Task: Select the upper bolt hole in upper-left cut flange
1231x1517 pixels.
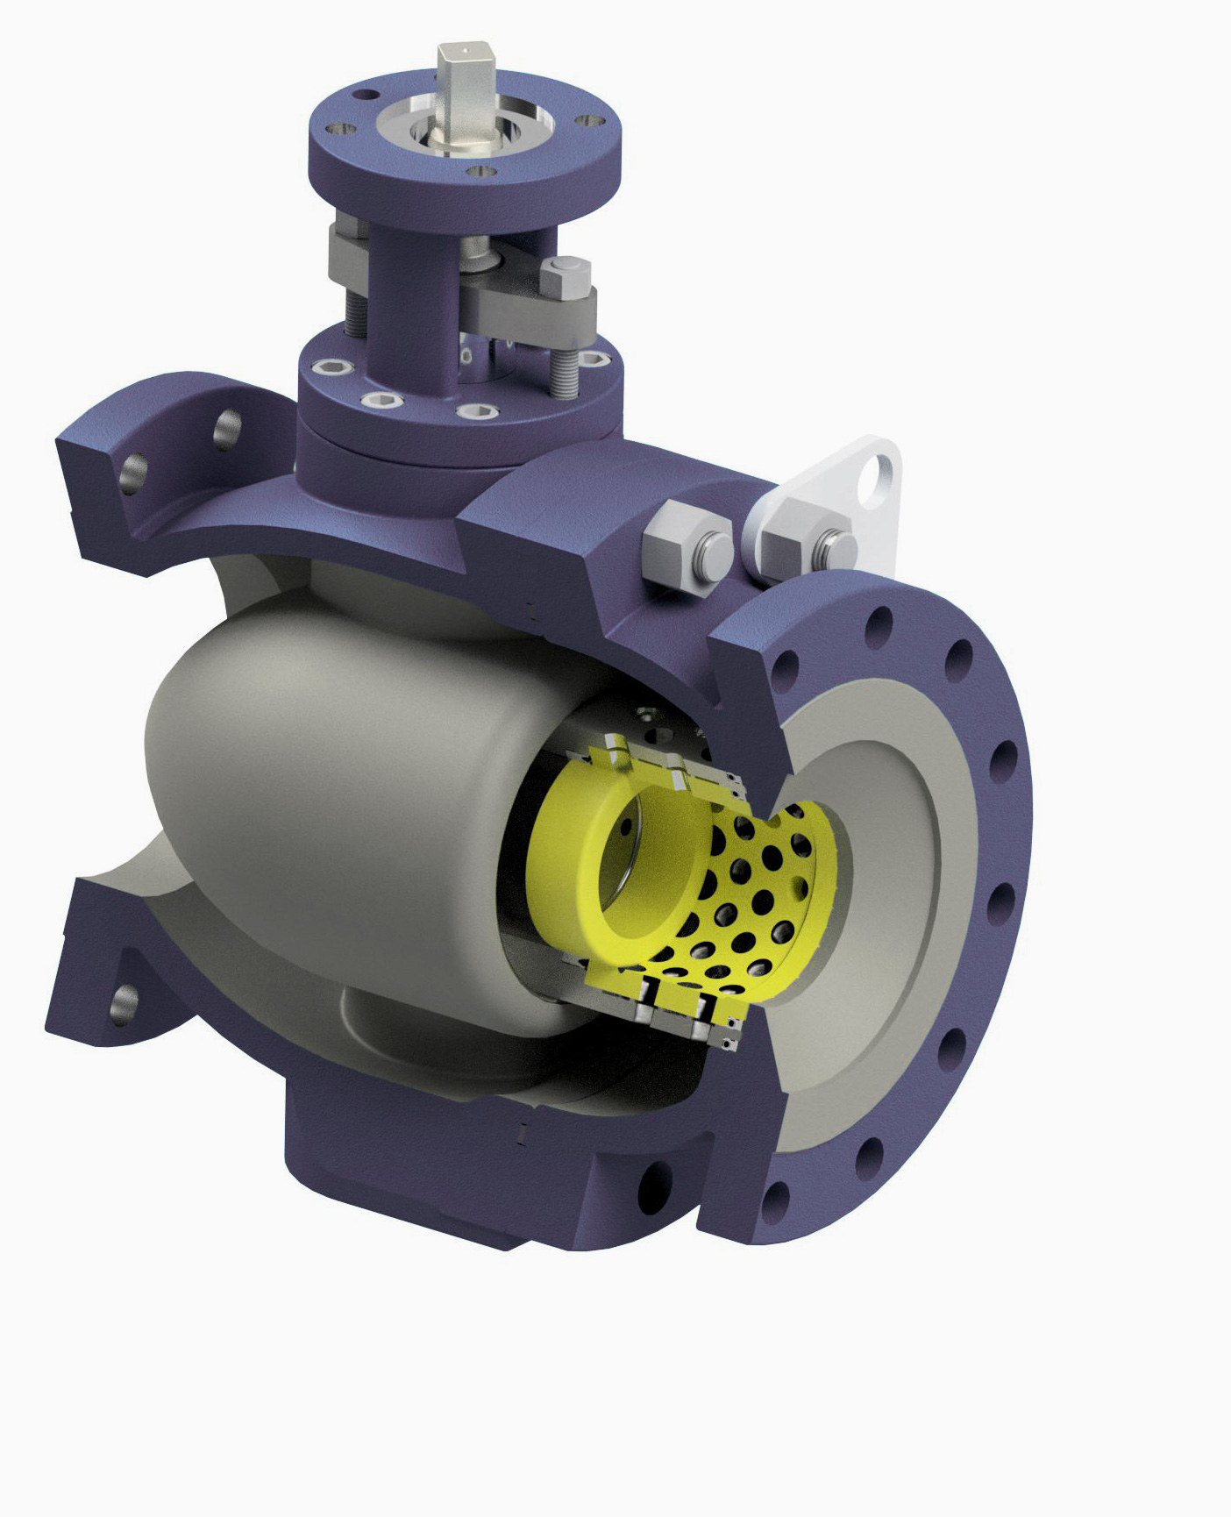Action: pos(227,426)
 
